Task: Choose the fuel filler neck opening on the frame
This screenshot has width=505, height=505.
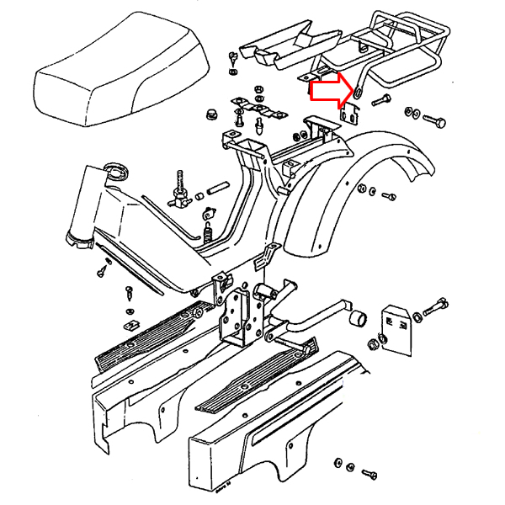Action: [115, 172]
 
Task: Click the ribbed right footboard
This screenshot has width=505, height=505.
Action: [257, 375]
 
